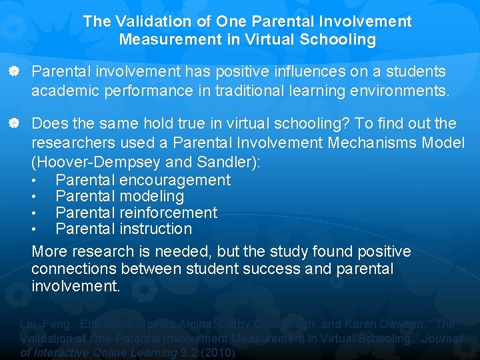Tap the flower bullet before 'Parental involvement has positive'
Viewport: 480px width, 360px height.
[21, 71]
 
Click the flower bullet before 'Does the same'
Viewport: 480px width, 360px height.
[21, 124]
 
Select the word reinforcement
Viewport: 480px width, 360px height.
[169, 213]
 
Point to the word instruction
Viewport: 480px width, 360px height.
[156, 229]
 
